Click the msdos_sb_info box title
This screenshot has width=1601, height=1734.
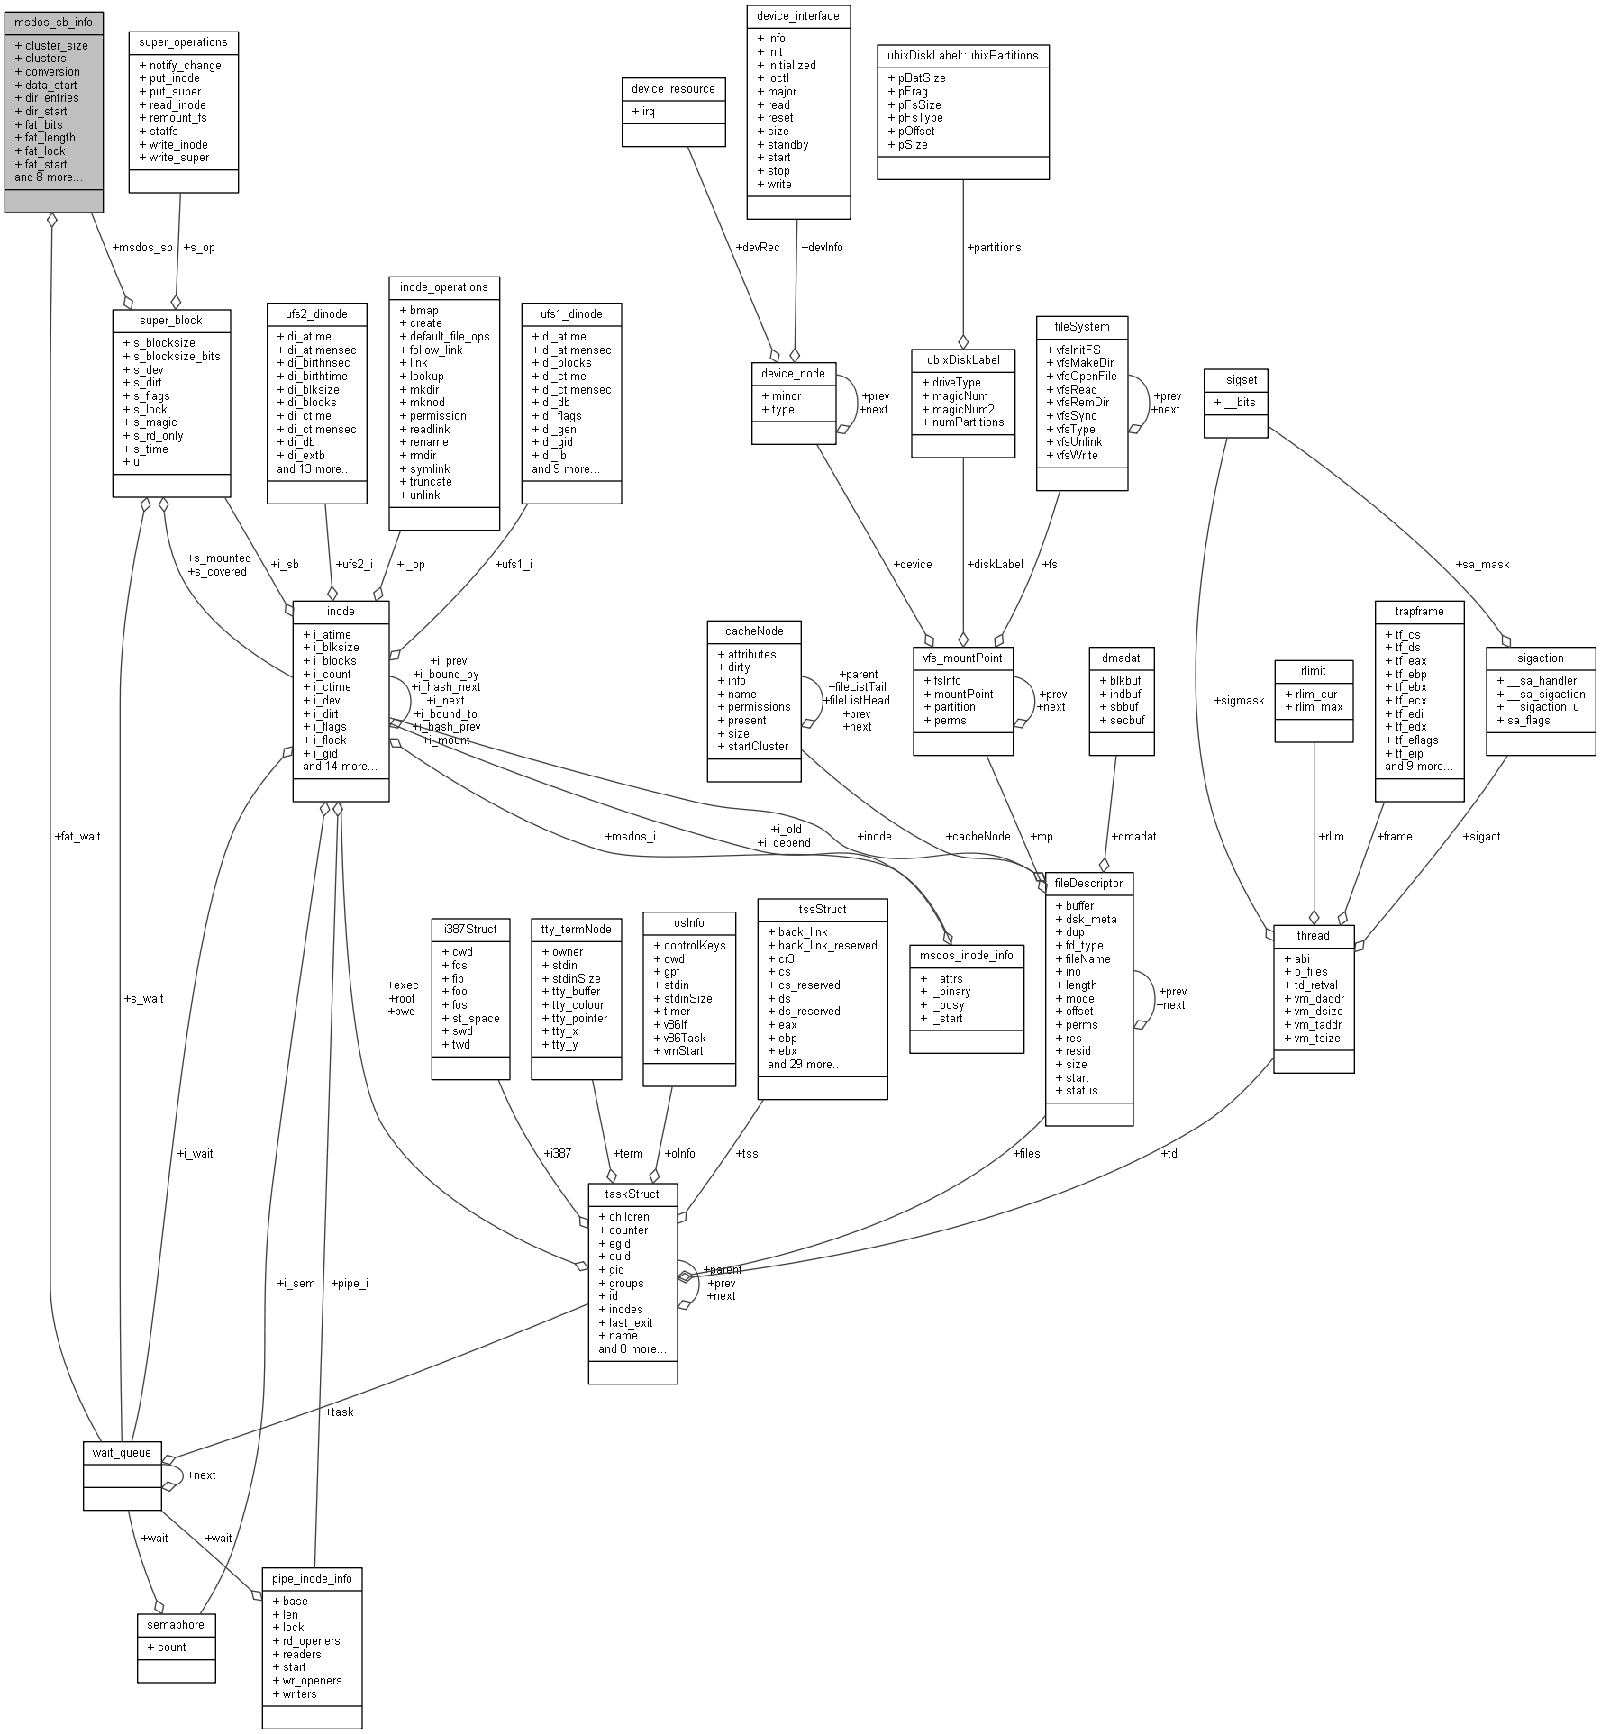(x=53, y=22)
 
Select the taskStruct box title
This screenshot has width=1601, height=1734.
(x=632, y=1194)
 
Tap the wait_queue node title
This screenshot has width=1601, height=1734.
(x=122, y=1452)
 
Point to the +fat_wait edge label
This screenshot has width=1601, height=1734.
(x=77, y=836)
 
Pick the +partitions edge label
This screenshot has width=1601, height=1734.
(x=994, y=247)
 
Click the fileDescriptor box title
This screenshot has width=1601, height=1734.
(x=1088, y=883)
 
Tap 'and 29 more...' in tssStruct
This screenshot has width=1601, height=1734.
(x=805, y=1064)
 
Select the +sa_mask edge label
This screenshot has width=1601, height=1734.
(x=1482, y=564)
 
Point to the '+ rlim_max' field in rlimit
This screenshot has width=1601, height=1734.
(x=1314, y=707)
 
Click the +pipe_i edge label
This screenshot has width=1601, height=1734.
(x=350, y=1283)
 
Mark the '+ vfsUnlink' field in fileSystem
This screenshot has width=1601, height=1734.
(x=1074, y=441)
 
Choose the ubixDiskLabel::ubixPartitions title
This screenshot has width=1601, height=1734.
(x=962, y=55)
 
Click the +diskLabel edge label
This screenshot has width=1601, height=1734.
(x=995, y=564)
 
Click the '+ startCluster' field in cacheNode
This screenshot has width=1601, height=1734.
(x=752, y=746)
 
